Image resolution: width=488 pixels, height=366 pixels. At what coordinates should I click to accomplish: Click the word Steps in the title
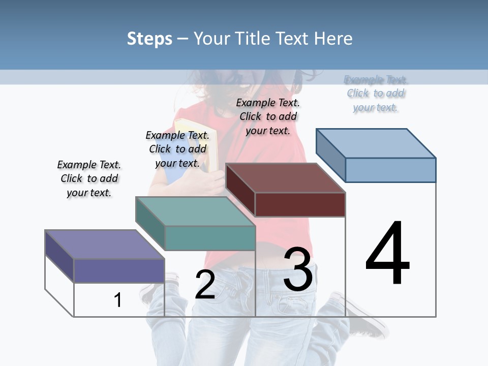point(149,39)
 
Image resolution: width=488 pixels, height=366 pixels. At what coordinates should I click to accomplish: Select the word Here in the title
point(333,39)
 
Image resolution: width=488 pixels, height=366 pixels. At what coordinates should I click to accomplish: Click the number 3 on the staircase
point(298,269)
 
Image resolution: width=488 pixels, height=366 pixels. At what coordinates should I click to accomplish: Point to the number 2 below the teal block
point(205,284)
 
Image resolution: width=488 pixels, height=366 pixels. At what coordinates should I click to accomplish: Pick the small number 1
point(118,300)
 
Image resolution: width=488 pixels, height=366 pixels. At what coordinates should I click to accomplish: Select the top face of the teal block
point(195,211)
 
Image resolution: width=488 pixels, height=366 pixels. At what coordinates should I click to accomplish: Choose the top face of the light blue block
point(376,143)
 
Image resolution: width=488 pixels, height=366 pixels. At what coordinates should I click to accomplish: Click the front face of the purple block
point(119,270)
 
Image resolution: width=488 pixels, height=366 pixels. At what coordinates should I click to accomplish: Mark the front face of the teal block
point(210,238)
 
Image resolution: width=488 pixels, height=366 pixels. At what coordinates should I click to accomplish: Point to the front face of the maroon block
point(300,204)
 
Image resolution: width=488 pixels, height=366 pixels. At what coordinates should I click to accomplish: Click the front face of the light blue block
point(390,170)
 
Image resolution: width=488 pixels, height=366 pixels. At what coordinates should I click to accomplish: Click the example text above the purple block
point(89,178)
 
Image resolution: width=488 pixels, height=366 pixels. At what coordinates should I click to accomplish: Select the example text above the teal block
point(177,149)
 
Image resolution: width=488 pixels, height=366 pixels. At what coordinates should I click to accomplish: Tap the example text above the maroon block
point(268,116)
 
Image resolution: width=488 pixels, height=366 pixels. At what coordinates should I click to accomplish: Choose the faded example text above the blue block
point(376,94)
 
